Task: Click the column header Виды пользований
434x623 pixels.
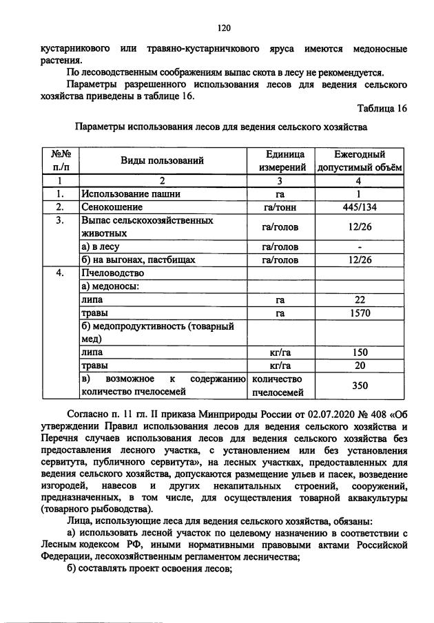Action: (x=163, y=161)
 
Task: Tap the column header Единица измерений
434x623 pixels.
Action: (x=281, y=161)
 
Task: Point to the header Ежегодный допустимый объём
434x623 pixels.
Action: (x=359, y=161)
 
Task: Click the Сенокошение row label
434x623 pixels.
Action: (x=112, y=207)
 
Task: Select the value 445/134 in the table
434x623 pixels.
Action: (x=359, y=207)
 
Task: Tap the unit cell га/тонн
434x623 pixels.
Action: (x=281, y=207)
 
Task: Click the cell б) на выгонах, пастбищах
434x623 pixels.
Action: (x=138, y=260)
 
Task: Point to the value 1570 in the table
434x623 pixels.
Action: (x=359, y=313)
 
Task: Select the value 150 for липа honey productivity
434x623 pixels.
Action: (x=359, y=352)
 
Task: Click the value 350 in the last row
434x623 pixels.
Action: (x=359, y=386)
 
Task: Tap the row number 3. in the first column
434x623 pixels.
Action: (x=60, y=220)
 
